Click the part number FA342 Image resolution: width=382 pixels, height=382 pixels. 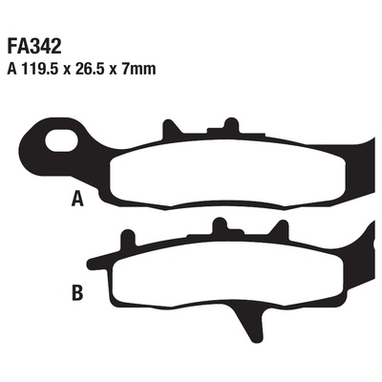(x=34, y=47)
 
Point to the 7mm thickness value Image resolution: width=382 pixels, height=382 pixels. (x=138, y=69)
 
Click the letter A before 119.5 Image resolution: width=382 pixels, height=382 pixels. (x=12, y=69)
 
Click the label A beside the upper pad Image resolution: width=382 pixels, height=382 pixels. (x=77, y=199)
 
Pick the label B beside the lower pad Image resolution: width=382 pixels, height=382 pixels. (x=77, y=293)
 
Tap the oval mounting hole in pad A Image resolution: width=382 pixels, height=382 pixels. (x=62, y=140)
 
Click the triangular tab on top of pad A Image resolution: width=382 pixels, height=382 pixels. (x=171, y=130)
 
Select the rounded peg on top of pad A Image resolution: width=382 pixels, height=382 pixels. (x=231, y=125)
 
